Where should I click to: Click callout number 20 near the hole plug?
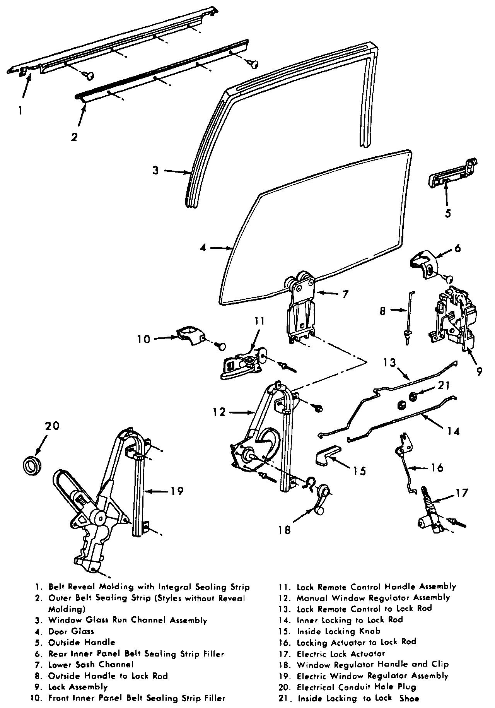(53, 426)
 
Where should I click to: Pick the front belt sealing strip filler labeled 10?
(190, 333)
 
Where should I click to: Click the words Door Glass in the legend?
(71, 631)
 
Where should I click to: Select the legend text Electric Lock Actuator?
(341, 653)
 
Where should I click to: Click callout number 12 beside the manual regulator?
(219, 412)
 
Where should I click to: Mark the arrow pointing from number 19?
(159, 491)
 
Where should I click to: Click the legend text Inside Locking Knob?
(338, 631)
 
